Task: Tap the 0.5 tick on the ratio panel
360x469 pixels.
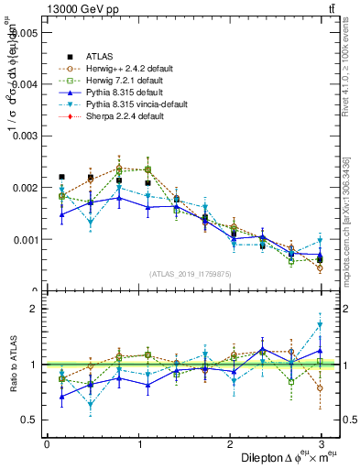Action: [30, 420]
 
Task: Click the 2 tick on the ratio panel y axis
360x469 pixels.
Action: [35, 309]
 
